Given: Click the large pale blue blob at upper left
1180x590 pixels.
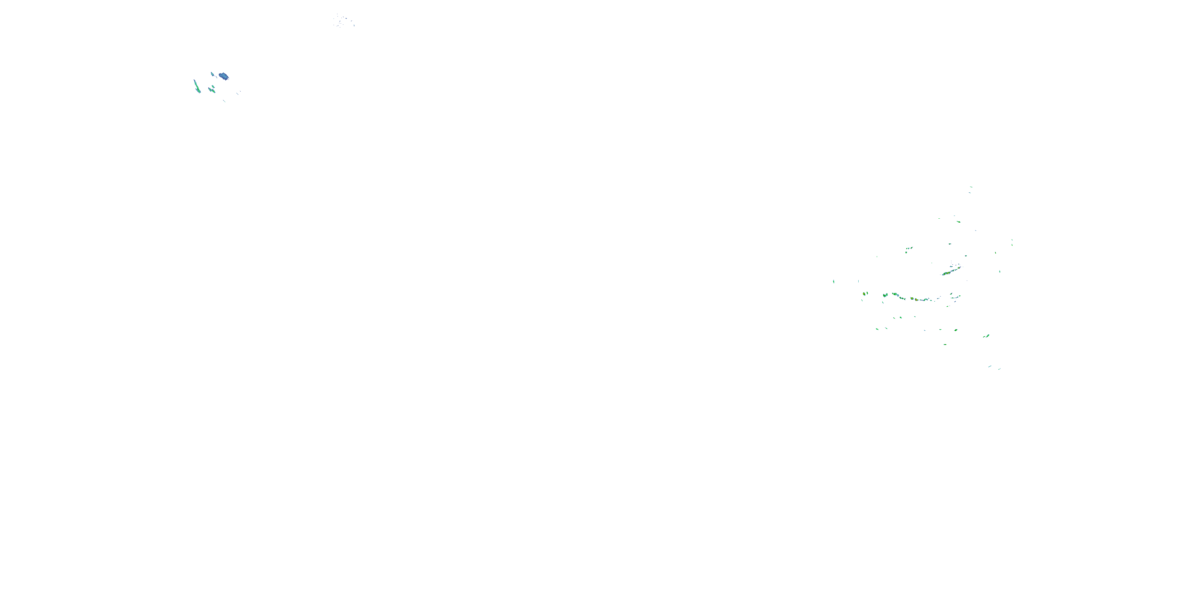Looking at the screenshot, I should (x=223, y=76).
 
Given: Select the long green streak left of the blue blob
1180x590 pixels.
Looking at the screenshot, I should (x=197, y=86).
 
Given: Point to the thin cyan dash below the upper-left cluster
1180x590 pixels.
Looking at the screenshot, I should (x=225, y=101).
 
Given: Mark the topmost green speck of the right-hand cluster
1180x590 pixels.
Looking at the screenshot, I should (x=971, y=187).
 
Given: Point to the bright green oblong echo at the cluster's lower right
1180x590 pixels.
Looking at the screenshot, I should (x=986, y=336).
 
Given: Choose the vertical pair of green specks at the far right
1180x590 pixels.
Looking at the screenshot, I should (x=1012, y=242).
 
